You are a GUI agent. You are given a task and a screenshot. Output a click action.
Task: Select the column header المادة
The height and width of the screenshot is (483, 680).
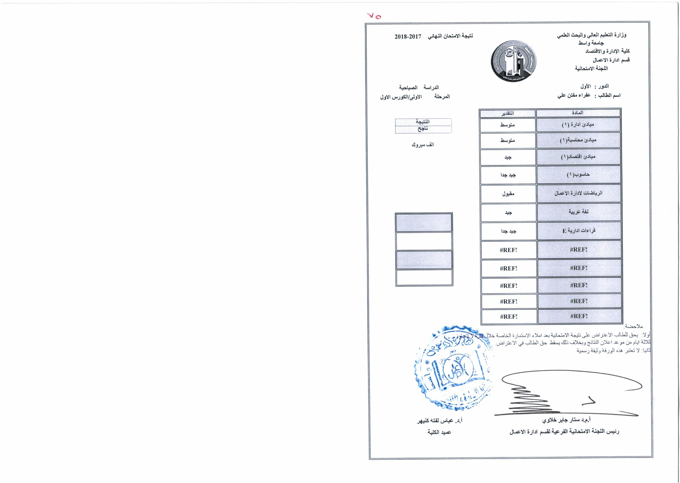coord(578,113)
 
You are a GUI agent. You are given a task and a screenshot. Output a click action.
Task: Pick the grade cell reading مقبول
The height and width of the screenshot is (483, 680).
coord(508,194)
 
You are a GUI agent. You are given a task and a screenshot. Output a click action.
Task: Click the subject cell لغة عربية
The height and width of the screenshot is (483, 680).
coord(579,212)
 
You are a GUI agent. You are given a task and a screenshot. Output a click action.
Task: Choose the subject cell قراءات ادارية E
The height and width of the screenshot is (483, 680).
coord(579,231)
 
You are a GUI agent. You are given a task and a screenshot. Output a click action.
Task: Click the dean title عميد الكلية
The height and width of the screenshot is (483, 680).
coord(439,432)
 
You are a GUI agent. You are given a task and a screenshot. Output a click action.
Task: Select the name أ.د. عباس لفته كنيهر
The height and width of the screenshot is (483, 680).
coord(439,421)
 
